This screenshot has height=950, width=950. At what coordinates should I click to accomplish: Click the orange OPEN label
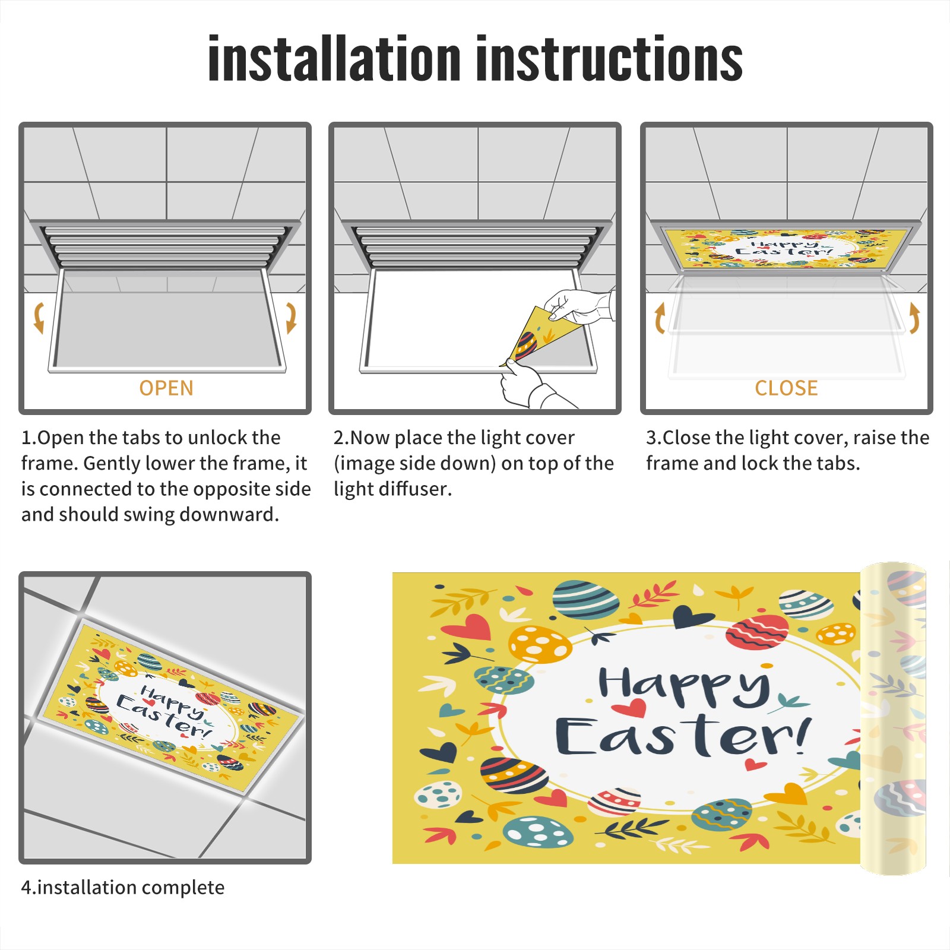(x=166, y=388)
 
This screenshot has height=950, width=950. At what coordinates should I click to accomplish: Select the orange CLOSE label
(x=786, y=388)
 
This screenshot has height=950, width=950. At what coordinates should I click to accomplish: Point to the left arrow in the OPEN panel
(x=39, y=317)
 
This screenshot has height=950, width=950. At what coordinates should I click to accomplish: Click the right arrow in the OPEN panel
(x=291, y=317)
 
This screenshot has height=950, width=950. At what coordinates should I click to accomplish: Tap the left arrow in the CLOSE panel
(x=660, y=318)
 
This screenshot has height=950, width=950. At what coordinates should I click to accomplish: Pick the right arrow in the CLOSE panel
(x=914, y=318)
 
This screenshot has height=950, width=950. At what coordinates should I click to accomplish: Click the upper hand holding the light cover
(x=579, y=306)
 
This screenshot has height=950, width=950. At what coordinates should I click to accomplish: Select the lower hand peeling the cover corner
(x=528, y=386)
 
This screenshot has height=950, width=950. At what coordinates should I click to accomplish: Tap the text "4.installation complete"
(x=123, y=888)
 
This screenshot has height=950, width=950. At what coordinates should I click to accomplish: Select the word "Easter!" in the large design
(x=683, y=736)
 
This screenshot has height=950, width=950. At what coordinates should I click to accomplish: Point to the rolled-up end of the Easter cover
(x=893, y=718)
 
